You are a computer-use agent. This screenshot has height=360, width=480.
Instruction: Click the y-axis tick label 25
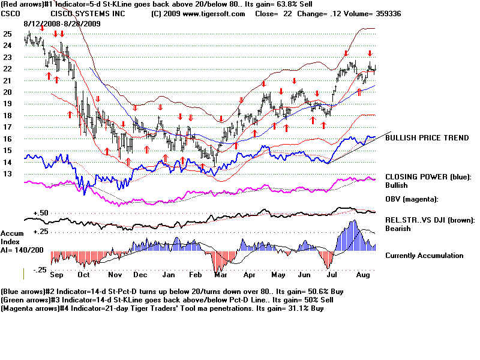[7, 34]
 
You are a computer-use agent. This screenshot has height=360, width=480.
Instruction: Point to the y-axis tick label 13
[7, 174]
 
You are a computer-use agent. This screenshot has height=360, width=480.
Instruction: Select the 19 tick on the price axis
[7, 104]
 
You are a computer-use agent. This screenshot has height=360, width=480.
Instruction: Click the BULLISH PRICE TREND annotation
[427, 138]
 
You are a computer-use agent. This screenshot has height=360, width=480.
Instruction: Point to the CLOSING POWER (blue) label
[428, 177]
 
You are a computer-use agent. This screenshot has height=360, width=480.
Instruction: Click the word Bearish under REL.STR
[398, 229]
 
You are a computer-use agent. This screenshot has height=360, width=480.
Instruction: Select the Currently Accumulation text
[424, 256]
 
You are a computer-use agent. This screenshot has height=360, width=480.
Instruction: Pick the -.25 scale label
[40, 271]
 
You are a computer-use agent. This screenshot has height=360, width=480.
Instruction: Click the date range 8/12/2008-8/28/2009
[62, 23]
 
